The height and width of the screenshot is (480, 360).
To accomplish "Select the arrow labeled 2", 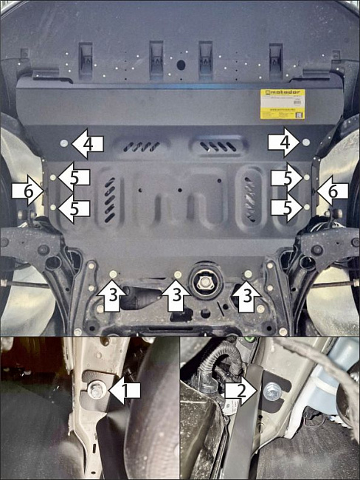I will (x=242, y=388).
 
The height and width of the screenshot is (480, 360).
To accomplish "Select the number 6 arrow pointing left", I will (x=332, y=191).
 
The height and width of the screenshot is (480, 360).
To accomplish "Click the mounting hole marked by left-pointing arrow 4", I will (x=63, y=142).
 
